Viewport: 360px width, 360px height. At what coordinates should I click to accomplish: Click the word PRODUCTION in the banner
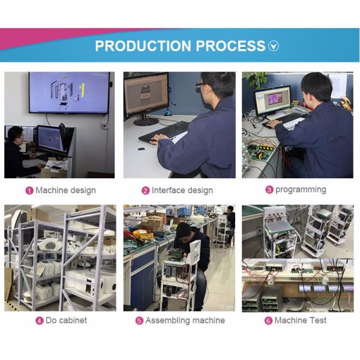143,46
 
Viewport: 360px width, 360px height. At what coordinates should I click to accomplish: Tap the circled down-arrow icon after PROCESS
274,46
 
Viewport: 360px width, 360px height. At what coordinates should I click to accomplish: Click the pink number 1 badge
29,191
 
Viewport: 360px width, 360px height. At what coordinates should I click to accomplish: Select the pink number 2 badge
145,191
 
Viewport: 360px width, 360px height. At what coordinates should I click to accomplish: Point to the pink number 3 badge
269,190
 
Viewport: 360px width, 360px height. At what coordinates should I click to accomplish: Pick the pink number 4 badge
40,320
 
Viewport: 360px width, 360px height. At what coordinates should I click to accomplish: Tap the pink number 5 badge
139,320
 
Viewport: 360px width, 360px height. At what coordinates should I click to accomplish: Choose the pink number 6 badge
268,320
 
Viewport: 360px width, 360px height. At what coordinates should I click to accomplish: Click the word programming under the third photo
301,190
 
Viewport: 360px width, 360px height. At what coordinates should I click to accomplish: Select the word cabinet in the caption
73,320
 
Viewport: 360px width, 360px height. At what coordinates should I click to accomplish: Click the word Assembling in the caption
167,321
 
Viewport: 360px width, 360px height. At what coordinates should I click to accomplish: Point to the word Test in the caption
318,320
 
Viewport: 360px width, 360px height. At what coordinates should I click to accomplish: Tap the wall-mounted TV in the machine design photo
69,92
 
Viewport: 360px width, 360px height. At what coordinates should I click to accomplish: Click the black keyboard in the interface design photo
163,132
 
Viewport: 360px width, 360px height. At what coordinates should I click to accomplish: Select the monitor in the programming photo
272,101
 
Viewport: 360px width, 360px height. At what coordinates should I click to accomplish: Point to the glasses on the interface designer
200,85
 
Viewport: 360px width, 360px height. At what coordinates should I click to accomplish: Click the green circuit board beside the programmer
260,150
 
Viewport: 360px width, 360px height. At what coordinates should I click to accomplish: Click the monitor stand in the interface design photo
145,119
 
